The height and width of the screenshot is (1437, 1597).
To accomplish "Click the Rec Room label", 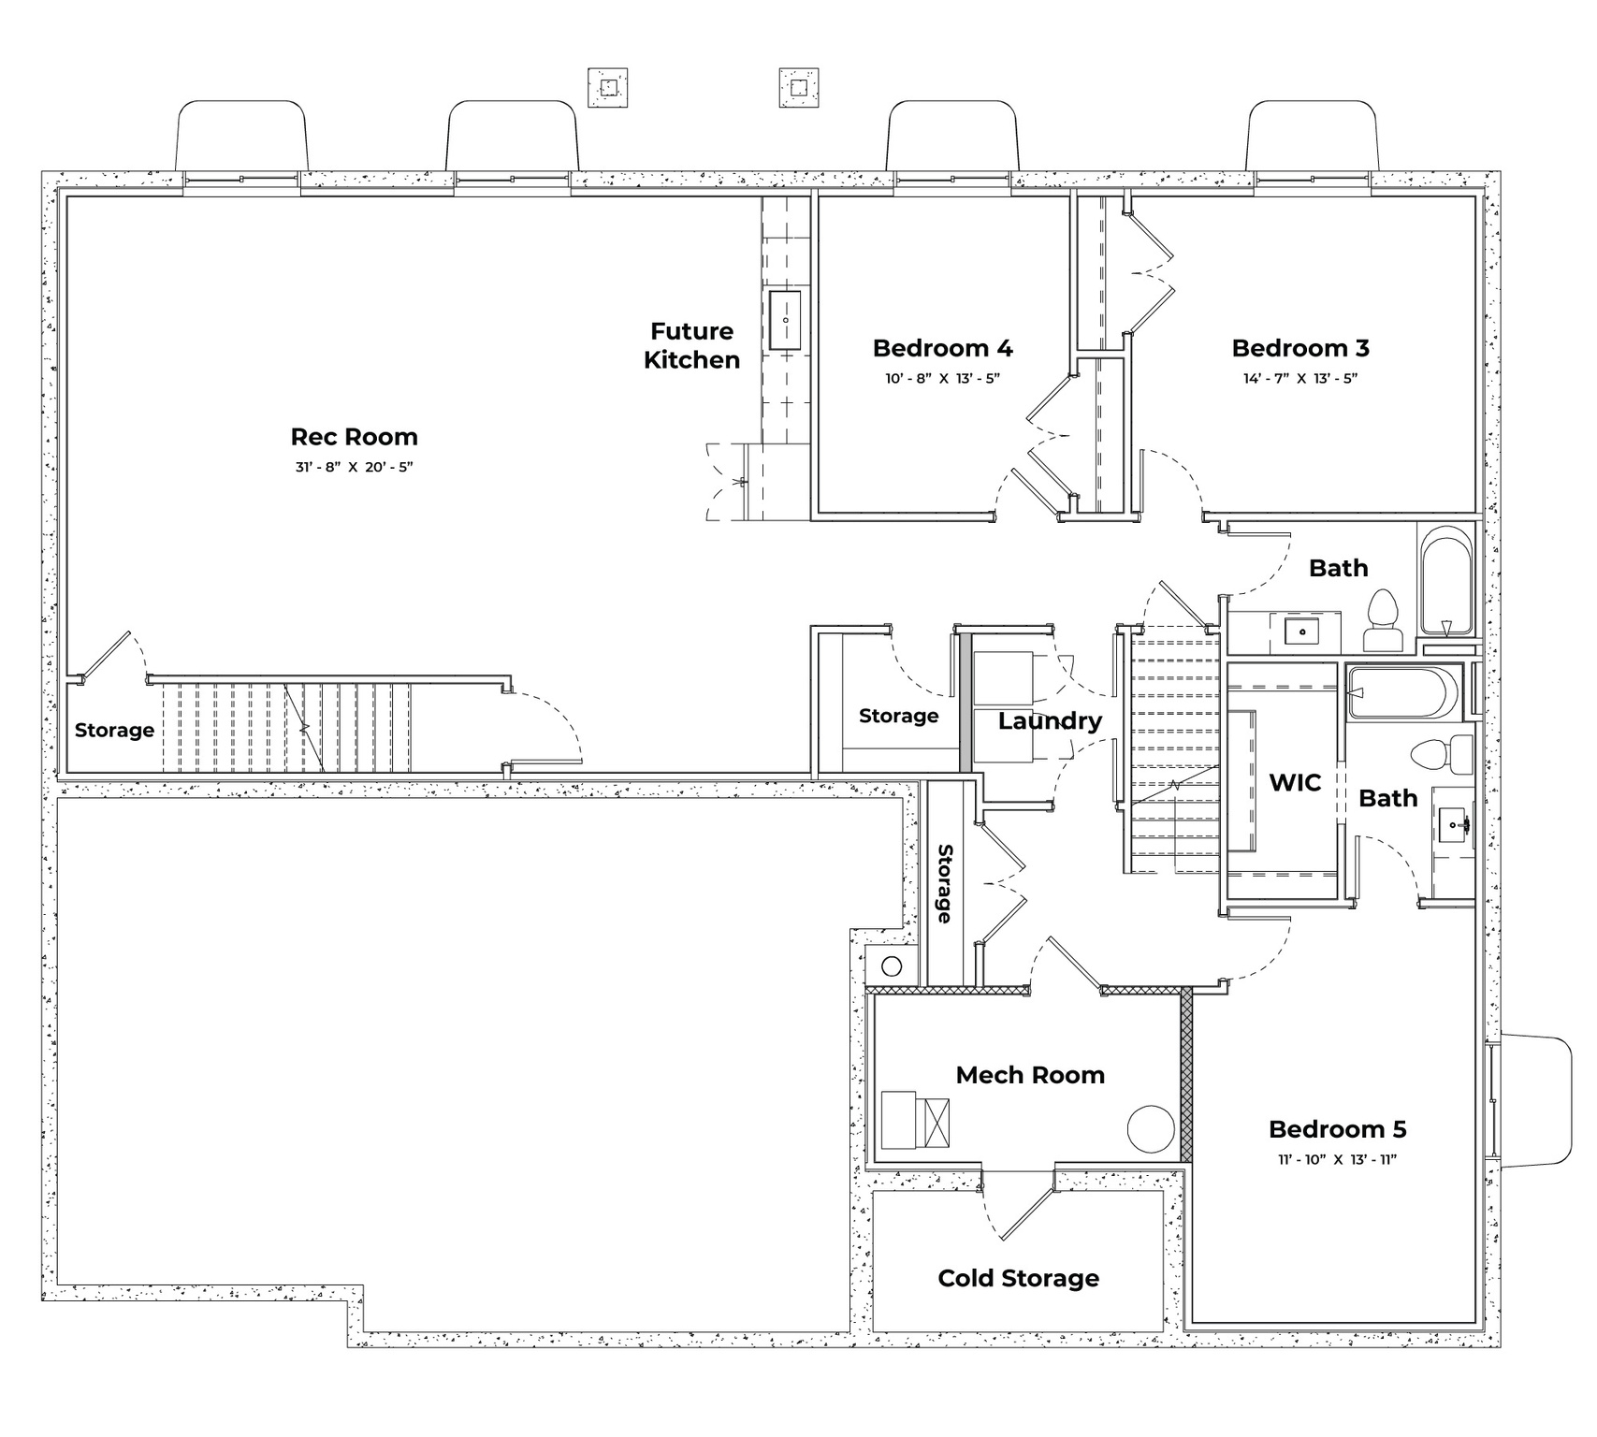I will coord(354,437).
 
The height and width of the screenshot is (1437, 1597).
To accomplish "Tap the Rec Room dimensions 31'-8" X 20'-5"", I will coord(354,466).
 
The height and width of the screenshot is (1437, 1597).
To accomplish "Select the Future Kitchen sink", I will coord(784,321).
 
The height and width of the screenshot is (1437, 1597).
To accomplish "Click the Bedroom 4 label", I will coord(942,348).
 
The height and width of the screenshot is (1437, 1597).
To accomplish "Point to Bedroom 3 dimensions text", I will coord(1300,379).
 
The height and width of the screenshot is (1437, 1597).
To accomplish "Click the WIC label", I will coord(1295,782).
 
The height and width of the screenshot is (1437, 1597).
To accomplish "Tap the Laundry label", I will coord(1050,720).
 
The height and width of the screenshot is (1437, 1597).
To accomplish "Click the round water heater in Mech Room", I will coord(1151,1129).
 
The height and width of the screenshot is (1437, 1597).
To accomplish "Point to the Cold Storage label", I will coord(1018,1278).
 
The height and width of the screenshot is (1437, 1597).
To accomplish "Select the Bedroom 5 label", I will coord(1337,1129).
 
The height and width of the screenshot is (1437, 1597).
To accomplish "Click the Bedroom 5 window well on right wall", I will coord(1534,1100).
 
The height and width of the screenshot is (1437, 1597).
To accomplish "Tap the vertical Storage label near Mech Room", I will coord(945,883).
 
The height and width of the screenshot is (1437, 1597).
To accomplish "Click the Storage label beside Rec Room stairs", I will coord(114,730).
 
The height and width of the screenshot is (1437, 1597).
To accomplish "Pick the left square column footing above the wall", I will coord(608,88).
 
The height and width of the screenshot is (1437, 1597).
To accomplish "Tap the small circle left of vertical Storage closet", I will coord(891,965).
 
